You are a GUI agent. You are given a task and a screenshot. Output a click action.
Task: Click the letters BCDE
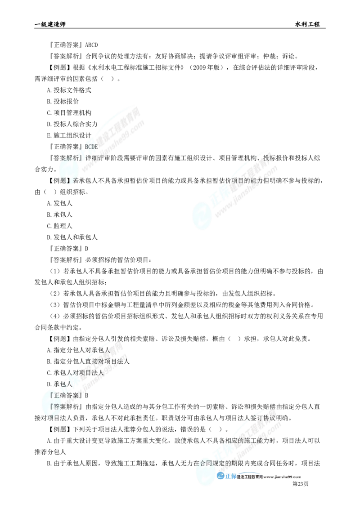pyautogui.click(x=90, y=147)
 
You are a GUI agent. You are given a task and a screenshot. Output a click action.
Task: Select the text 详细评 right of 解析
pyautogui.click(x=95, y=158)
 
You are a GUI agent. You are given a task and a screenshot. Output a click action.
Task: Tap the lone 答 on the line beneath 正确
pyautogui.click(x=56, y=406)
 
